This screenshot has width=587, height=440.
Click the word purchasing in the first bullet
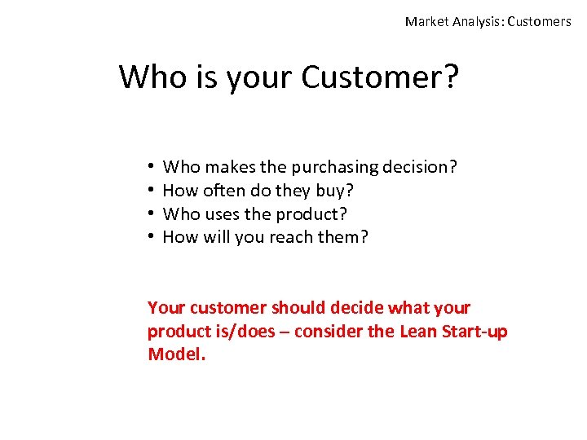(x=335, y=168)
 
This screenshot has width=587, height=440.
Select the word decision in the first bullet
(x=420, y=168)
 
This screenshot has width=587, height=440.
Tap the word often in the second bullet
(x=222, y=191)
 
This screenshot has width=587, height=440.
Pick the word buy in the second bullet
(x=334, y=191)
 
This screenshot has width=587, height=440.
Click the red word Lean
(x=417, y=332)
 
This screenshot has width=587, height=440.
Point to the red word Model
(x=176, y=354)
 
